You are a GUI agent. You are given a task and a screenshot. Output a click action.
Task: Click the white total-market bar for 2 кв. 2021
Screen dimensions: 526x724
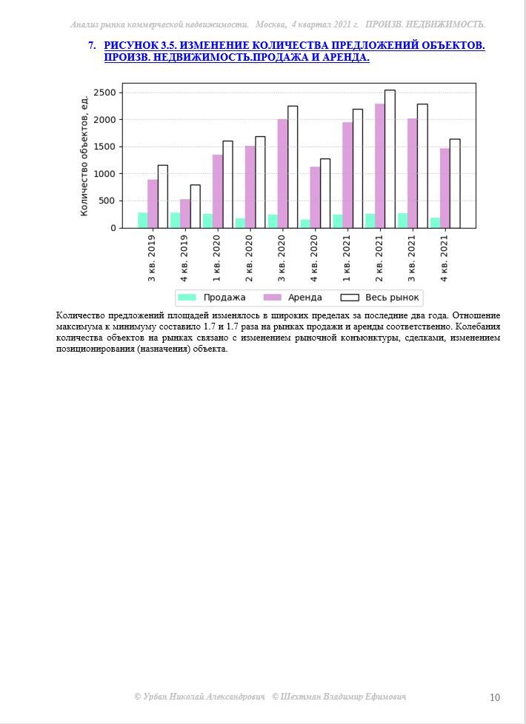pos(390,159)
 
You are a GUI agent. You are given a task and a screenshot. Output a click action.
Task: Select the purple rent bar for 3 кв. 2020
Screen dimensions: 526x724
pos(282,174)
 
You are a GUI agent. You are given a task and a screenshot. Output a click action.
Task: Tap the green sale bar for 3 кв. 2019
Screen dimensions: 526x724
pos(142,221)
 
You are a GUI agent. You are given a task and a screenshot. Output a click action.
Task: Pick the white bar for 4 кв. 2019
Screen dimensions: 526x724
pos(195,207)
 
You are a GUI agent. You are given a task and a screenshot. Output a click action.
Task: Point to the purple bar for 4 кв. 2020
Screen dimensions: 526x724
pos(315,197)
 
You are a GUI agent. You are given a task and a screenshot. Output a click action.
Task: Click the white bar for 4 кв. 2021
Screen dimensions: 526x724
pos(455,184)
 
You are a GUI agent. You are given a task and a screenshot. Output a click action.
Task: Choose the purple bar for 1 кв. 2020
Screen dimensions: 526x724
pos(217,191)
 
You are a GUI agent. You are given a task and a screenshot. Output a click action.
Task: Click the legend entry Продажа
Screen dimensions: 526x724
pos(212,298)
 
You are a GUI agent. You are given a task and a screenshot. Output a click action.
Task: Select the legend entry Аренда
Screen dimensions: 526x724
pos(293,298)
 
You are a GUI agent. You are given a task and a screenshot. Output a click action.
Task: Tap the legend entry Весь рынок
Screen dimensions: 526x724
pos(380,298)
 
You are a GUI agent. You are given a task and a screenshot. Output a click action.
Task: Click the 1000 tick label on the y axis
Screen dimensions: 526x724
pos(105,174)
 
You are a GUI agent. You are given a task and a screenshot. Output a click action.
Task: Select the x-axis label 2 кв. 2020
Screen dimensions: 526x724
pos(250,258)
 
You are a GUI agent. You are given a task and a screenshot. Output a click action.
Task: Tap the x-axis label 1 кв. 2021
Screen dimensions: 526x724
pos(347,258)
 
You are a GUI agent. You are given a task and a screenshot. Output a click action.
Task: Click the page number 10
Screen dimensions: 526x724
pos(495,697)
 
